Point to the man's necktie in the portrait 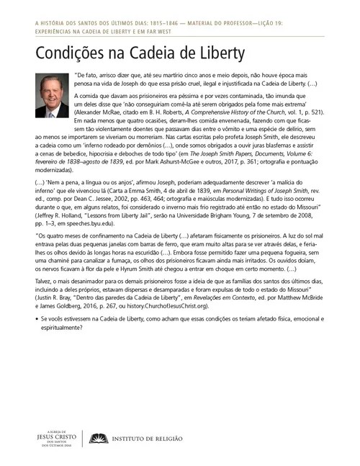coord(52,109)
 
